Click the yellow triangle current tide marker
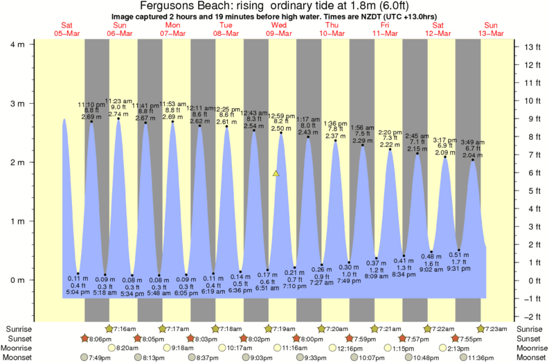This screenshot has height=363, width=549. tap(276, 173)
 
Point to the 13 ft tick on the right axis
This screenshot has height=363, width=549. tap(531, 47)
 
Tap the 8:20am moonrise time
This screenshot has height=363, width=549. tap(125, 348)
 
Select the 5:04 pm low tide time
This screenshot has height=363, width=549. tap(77, 293)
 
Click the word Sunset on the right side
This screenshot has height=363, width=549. tap(530, 338)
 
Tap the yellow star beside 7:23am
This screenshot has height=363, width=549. tap(481, 328)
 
